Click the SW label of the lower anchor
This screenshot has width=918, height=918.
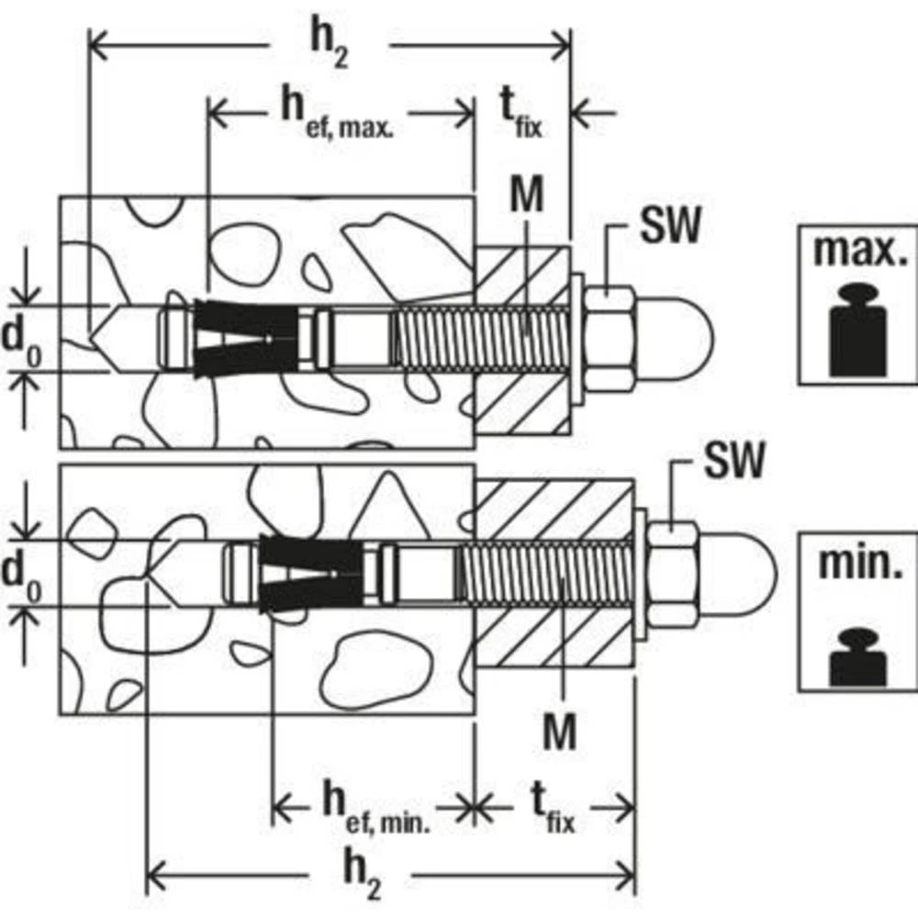(x=733, y=462)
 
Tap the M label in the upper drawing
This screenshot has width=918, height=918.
(x=529, y=195)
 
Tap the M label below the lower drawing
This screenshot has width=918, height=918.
(x=559, y=733)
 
